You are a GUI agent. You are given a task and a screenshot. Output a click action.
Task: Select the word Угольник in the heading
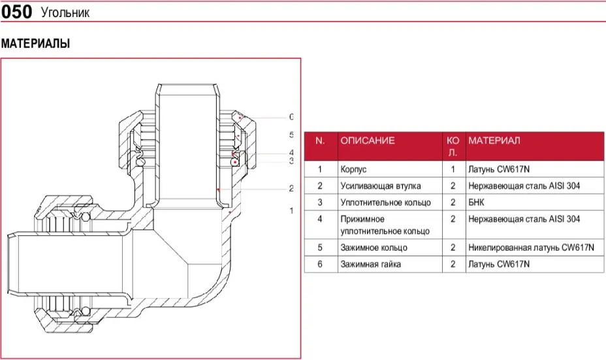coord(65,13)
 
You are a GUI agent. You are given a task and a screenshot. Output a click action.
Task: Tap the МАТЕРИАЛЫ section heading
coord(35,44)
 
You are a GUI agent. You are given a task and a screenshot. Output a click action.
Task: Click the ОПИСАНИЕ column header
coord(368,140)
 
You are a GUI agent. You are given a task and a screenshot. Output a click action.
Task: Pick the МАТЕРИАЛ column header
coord(494,140)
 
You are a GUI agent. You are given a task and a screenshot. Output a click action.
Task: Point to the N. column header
coord(320,140)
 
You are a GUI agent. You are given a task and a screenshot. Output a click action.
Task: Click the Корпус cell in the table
coord(353,169)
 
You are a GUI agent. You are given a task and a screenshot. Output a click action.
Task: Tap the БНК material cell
coord(478,202)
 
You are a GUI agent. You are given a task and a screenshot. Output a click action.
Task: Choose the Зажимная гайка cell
coord(370,264)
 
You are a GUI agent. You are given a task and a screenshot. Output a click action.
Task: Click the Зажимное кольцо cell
coord(374,248)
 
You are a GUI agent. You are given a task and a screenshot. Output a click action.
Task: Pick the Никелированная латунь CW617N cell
coord(531,248)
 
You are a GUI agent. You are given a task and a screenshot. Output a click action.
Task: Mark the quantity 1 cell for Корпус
coord(453,169)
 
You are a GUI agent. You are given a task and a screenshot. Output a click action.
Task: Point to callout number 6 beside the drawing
coord(291,117)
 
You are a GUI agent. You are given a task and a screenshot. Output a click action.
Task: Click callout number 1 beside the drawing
coord(291,210)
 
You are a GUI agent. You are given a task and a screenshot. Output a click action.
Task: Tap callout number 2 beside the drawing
coord(291,189)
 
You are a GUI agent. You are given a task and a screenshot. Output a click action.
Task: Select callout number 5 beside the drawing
coord(291,135)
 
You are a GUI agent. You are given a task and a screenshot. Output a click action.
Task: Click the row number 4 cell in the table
coord(320,218)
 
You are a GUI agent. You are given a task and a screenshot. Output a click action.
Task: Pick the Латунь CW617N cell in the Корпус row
coord(498,169)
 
